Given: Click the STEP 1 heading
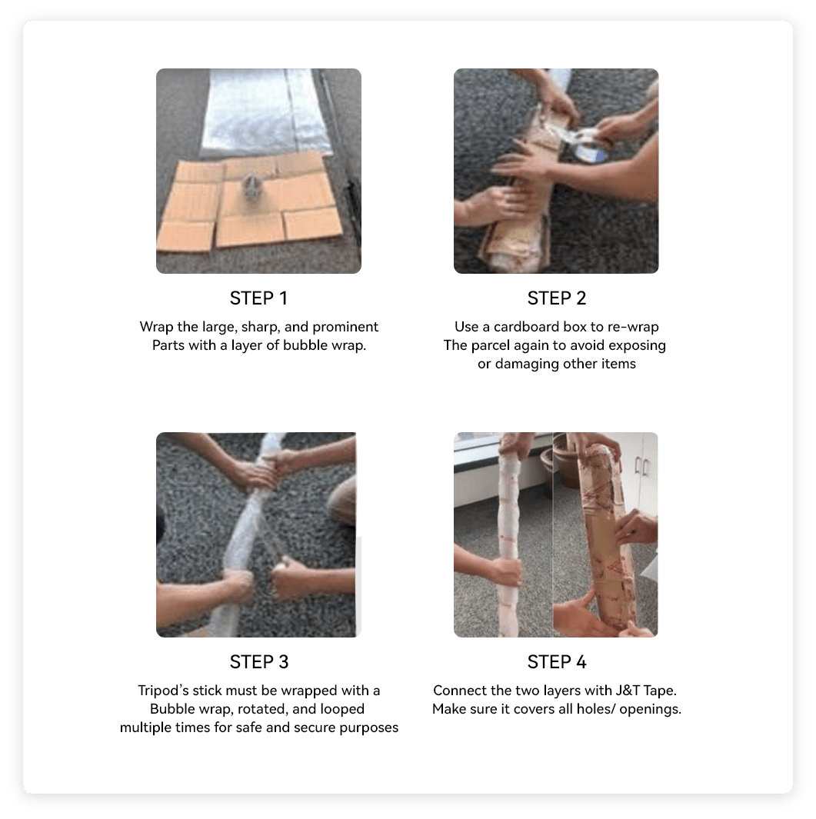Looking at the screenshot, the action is (258, 298).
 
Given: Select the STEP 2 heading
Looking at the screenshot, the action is (556, 298).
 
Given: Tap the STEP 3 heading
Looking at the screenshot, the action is (259, 662).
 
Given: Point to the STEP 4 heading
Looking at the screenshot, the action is (557, 662).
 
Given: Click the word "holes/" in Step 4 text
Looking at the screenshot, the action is (595, 709).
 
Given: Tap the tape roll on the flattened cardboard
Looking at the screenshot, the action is (251, 185).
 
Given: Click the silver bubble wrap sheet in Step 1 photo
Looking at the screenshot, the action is (266, 112).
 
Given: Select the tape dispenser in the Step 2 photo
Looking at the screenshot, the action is (588, 142).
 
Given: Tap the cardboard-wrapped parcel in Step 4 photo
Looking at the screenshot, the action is (606, 538).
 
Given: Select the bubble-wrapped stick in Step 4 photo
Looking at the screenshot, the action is (509, 538).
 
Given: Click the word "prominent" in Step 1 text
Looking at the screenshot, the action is (345, 328).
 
